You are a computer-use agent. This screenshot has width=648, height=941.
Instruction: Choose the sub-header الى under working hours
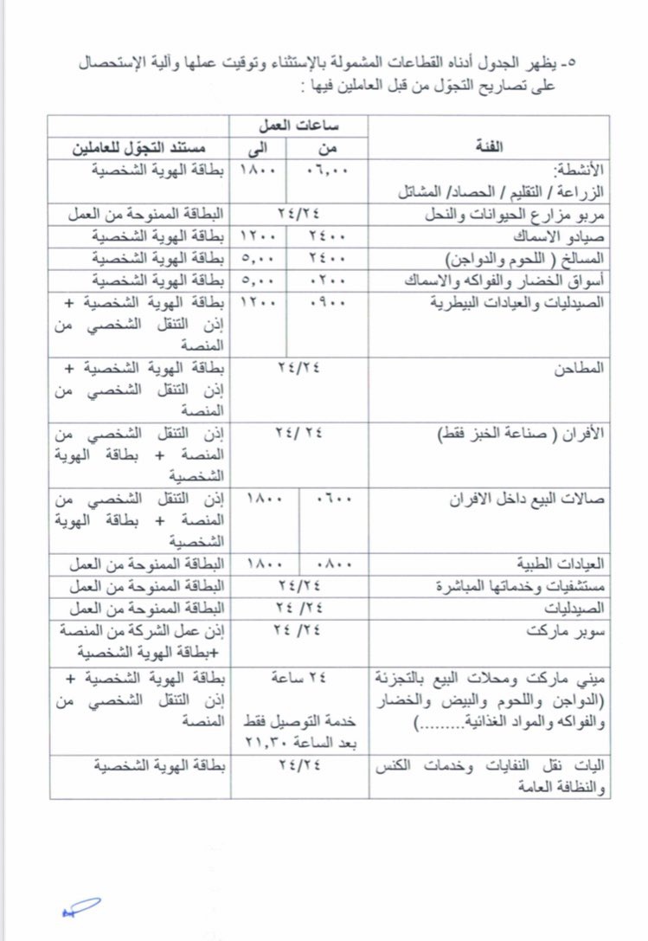258,147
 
